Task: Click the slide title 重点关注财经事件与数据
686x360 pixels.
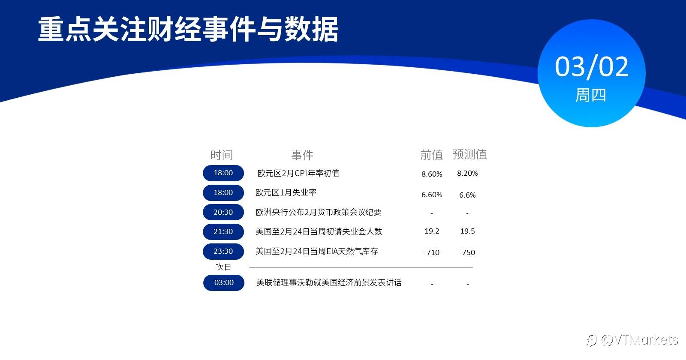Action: coord(188,30)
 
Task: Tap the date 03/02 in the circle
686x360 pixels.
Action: coord(592,67)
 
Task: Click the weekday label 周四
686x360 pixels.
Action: coord(591,95)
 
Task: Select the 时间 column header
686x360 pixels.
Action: coord(221,155)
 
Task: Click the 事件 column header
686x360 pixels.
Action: coord(302,155)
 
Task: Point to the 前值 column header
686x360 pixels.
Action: coord(432,155)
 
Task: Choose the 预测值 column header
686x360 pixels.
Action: coord(470,154)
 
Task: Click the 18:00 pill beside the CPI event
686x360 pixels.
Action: coord(223,173)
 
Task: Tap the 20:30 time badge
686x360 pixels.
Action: coord(223,212)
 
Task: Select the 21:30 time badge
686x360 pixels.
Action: coord(223,232)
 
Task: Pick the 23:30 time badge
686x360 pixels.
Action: coord(223,251)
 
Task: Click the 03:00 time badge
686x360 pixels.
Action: coord(224,282)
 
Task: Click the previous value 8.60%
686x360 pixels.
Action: coord(432,174)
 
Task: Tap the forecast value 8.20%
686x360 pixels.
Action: coord(467,173)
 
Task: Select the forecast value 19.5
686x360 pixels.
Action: coord(467,231)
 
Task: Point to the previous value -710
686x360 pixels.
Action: coord(432,252)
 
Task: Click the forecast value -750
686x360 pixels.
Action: coord(467,252)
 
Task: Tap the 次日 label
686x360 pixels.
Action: coord(223,267)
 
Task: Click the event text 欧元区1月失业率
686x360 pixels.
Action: coord(286,192)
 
